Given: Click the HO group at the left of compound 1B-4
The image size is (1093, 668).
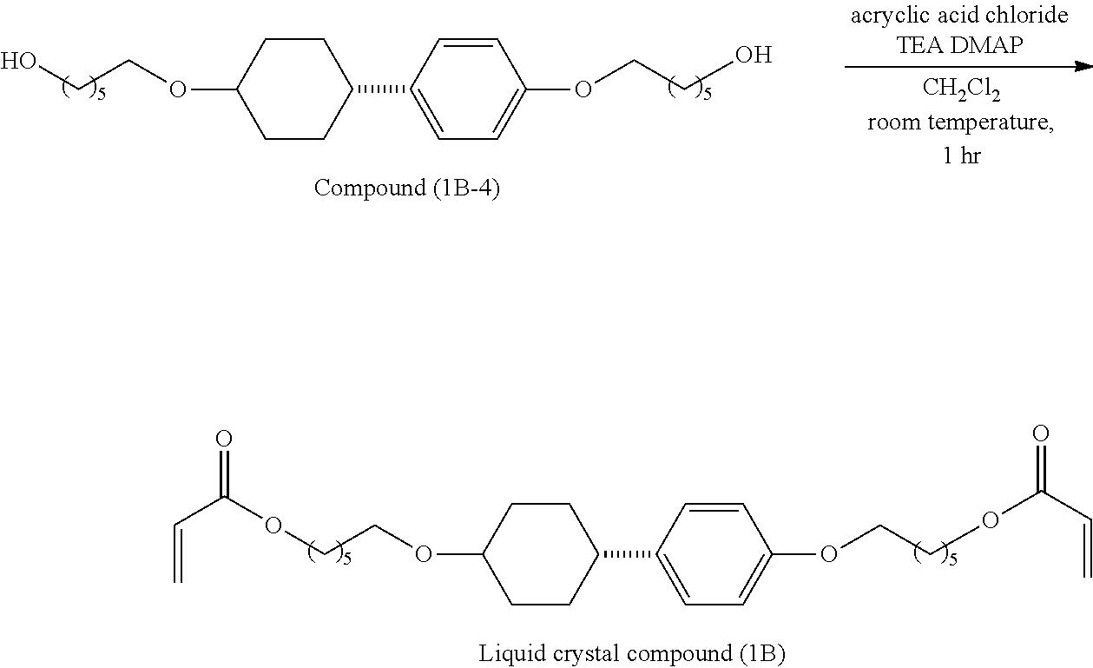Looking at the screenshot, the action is coord(18,61).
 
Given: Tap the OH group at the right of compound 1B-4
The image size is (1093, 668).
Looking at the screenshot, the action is coord(753,56).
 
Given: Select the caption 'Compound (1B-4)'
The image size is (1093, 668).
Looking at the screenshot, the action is coord(406,188).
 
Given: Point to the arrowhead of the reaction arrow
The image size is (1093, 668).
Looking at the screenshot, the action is coord(1083,67).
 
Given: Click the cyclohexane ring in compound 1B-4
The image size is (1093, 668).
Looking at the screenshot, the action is coord(295,88).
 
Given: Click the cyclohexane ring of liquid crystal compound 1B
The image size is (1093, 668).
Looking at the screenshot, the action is coord(540,553).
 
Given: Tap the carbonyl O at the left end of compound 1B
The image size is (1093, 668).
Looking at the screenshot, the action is coord(224,439).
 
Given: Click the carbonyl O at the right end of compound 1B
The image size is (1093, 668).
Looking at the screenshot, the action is coord(1042,433).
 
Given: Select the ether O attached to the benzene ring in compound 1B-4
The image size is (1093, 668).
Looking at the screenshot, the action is coord(583,89).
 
